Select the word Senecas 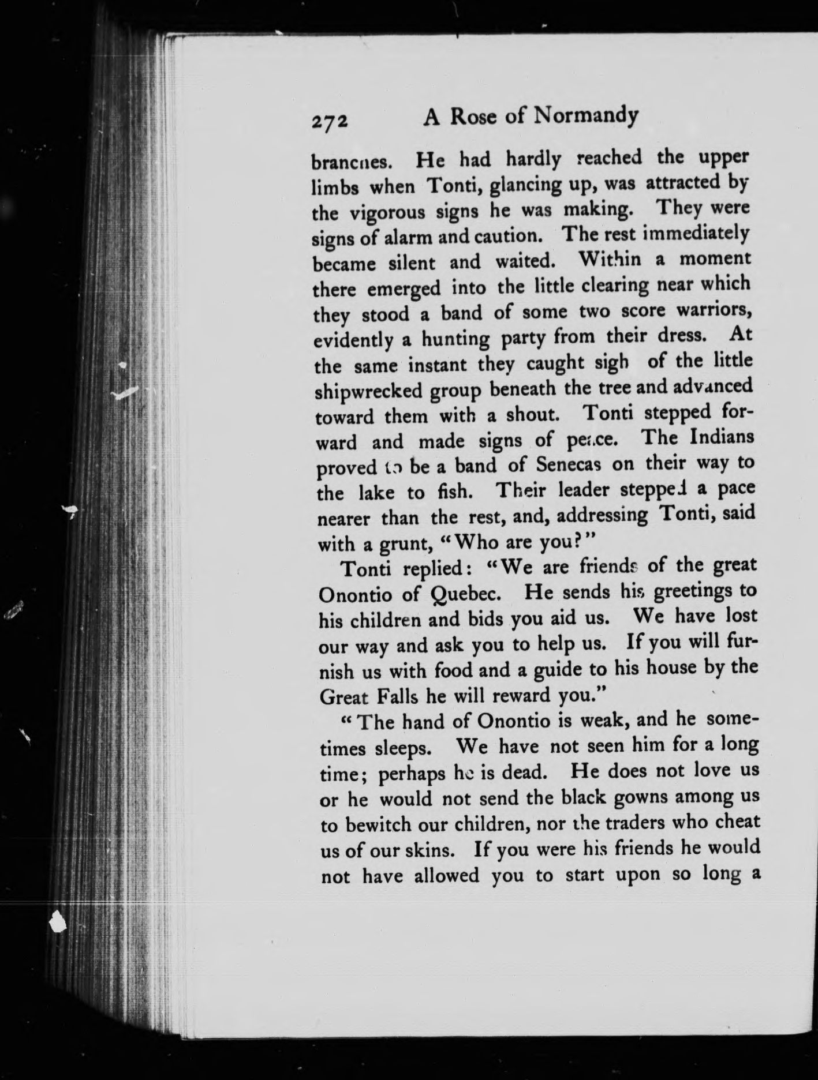click(x=566, y=464)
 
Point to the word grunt click(x=402, y=543)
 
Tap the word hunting click(x=455, y=339)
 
